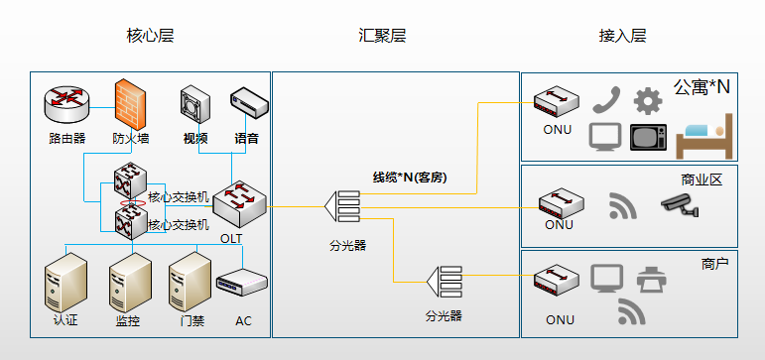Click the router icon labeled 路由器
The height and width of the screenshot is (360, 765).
66,103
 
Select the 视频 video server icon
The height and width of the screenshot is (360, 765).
195,104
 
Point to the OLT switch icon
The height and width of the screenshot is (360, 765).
239,203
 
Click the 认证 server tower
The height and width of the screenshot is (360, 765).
65,282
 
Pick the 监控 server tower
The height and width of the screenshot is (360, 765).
130,282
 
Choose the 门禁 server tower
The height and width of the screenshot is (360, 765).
191,282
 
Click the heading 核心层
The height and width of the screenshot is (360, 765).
150,36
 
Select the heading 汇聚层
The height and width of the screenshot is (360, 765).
382,36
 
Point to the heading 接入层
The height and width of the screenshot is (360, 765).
622,36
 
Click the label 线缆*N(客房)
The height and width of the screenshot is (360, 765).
410,179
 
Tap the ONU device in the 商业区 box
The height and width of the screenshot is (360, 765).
561,203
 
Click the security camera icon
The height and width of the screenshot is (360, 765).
680,205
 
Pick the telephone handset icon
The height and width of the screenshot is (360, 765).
606,99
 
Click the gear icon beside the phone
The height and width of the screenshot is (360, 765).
648,101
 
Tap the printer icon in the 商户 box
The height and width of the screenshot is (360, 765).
651,279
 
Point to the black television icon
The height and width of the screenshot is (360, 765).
648,137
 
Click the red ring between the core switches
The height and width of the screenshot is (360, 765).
133,203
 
